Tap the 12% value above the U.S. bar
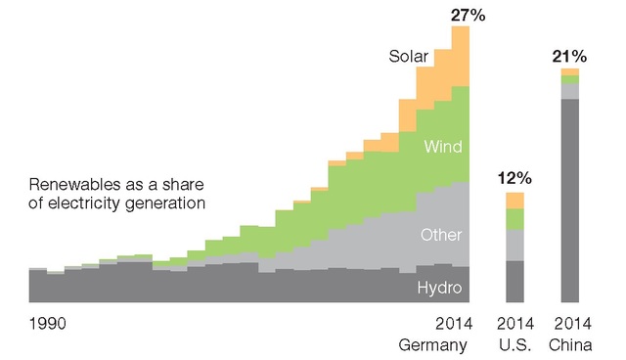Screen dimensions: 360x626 [x=514, y=178]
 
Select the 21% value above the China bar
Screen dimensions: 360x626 [x=568, y=55]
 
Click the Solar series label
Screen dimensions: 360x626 [x=408, y=58]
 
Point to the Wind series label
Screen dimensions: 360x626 [x=442, y=147]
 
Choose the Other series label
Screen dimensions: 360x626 [x=440, y=235]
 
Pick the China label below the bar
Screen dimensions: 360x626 [x=569, y=344]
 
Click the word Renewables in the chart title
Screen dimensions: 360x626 [x=71, y=185]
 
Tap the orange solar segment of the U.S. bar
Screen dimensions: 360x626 [x=514, y=201]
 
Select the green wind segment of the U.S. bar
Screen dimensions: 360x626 [x=514, y=219]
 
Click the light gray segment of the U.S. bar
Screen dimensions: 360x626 [x=514, y=246]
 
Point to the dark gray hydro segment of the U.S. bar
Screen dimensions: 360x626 [x=514, y=282]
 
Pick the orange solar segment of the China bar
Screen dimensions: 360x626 [x=569, y=72]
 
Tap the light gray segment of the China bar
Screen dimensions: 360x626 [x=569, y=92]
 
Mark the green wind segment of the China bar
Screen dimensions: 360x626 [x=569, y=80]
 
